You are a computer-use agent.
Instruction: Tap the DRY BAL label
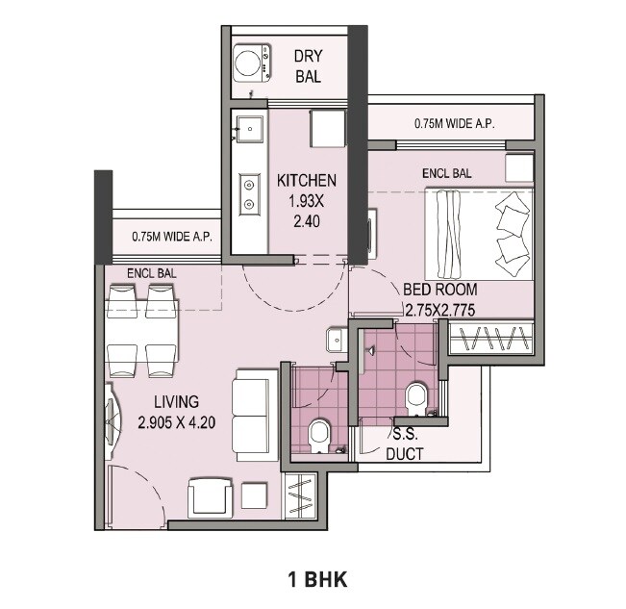[x=307, y=65]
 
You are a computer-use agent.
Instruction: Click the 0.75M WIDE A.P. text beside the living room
[x=170, y=237]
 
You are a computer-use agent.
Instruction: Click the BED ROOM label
[x=439, y=290]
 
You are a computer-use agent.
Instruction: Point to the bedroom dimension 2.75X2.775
[x=439, y=310]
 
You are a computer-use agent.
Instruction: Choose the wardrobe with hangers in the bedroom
[x=490, y=340]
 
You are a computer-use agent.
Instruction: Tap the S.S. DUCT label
[x=406, y=444]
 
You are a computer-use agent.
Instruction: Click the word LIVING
[x=174, y=402]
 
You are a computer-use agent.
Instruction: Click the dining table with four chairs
[x=142, y=333]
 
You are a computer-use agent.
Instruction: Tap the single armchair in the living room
[x=209, y=496]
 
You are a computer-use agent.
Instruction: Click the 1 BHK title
[x=316, y=579]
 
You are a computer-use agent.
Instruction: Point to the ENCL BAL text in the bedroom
[x=446, y=174]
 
